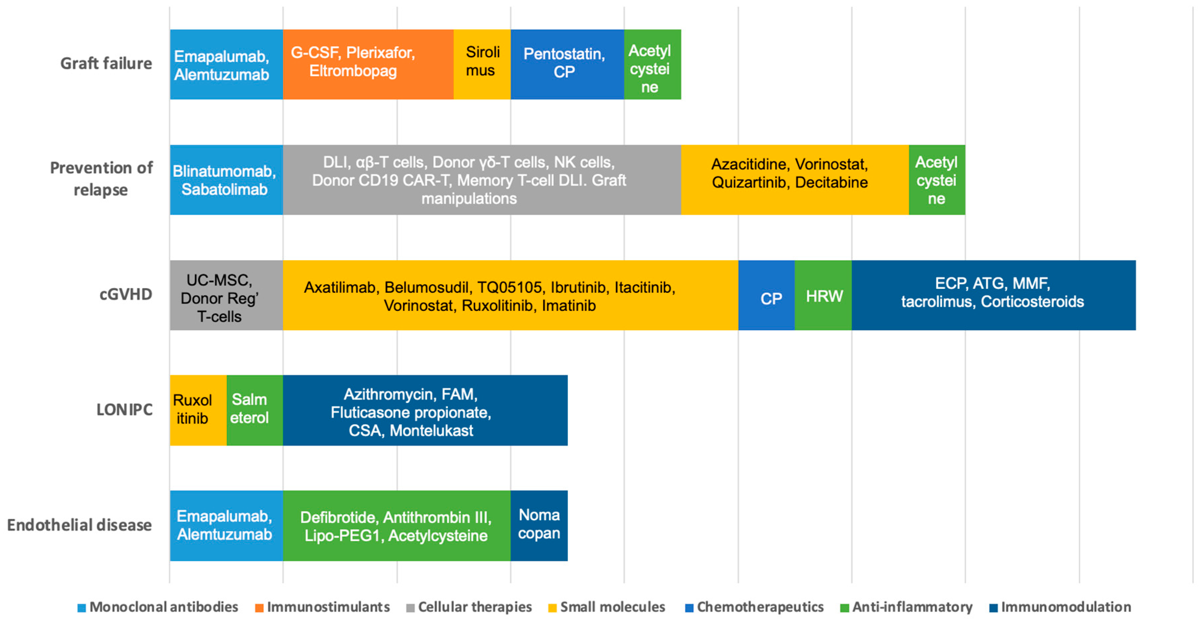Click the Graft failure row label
pos(106,63)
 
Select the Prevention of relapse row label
pos(101,178)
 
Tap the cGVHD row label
pos(126,294)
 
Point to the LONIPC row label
pos(124,410)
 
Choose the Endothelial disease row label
pos(79,525)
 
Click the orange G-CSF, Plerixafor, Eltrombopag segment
pos(368,64)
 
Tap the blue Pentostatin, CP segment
pos(567,64)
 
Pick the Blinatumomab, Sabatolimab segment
pos(226,180)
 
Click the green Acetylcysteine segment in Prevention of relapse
pos(936,180)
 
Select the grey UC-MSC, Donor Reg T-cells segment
pos(226,295)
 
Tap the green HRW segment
pos(823,295)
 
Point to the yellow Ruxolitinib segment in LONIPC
pos(198,410)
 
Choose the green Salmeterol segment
pos(254,410)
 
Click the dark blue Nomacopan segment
pos(539,526)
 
